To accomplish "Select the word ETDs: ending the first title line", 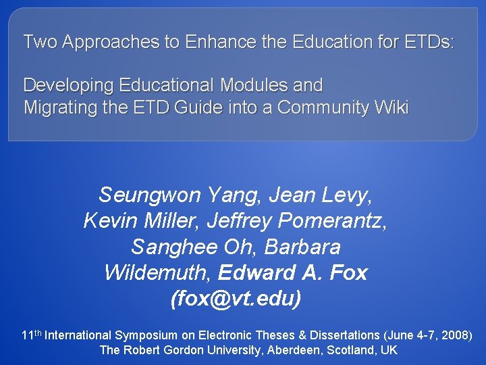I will [x=429, y=42].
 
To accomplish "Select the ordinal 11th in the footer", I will [x=32, y=335].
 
